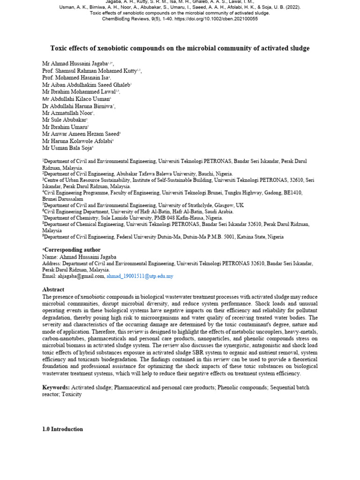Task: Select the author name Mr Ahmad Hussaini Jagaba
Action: [75, 63]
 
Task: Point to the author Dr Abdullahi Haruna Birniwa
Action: [77, 106]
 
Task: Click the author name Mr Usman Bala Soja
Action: [67, 148]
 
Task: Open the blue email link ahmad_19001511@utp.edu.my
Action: [140, 277]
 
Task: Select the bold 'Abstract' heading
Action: [53, 290]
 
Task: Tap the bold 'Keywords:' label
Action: [56, 388]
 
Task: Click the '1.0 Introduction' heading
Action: [62, 429]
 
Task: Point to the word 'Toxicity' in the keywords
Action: [71, 394]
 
